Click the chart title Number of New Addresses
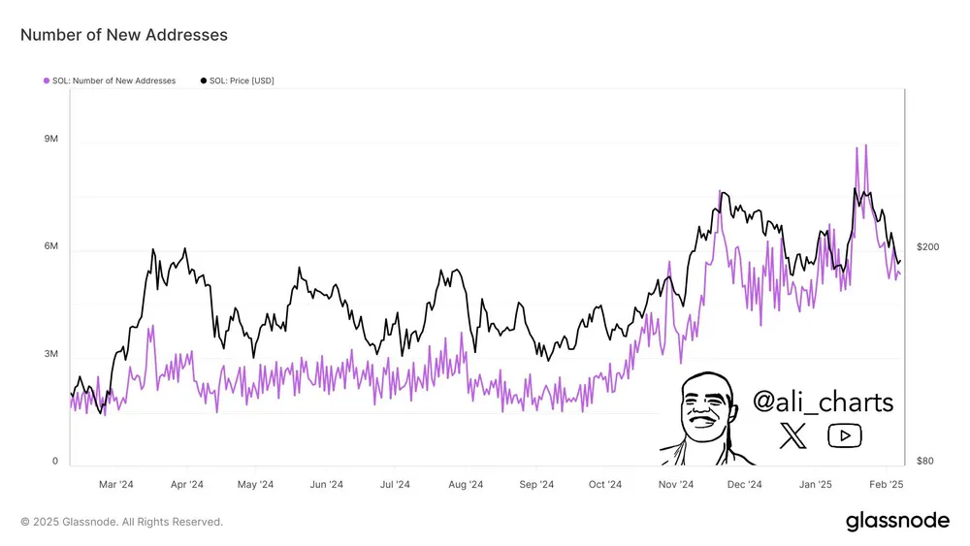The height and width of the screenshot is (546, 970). pyautogui.click(x=124, y=35)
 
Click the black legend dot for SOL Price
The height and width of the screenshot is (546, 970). pyautogui.click(x=204, y=80)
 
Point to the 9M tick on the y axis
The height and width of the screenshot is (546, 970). pyautogui.click(x=51, y=140)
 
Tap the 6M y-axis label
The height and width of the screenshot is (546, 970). pyautogui.click(x=51, y=247)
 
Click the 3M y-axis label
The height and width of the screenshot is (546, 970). pyautogui.click(x=51, y=354)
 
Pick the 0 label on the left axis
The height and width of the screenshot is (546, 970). pyautogui.click(x=54, y=462)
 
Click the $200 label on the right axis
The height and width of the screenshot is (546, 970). pyautogui.click(x=927, y=247)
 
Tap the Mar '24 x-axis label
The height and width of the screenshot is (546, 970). pyautogui.click(x=116, y=485)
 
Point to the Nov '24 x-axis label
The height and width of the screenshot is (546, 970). pyautogui.click(x=675, y=485)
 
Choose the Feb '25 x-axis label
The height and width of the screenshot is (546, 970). pyautogui.click(x=885, y=485)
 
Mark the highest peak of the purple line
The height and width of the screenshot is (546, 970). pyautogui.click(x=865, y=145)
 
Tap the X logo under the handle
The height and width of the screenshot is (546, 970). pyautogui.click(x=792, y=436)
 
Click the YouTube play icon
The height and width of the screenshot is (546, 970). pyautogui.click(x=844, y=436)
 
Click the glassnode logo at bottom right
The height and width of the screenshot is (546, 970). pyautogui.click(x=897, y=521)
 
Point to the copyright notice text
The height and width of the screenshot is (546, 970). pyautogui.click(x=122, y=522)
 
